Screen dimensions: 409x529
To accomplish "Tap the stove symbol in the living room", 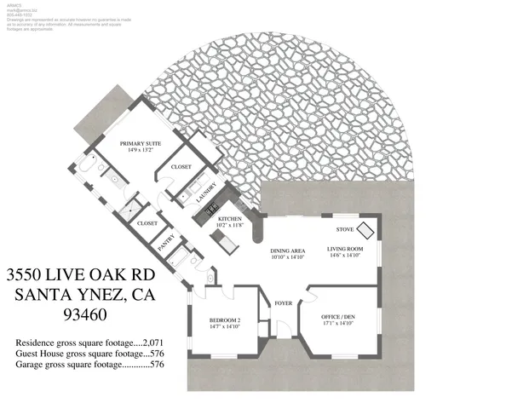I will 365,230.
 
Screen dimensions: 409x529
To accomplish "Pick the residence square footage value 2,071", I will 152,342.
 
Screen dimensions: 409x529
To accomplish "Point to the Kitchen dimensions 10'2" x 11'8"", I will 230,226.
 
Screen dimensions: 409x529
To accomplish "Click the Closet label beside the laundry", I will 181,167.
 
